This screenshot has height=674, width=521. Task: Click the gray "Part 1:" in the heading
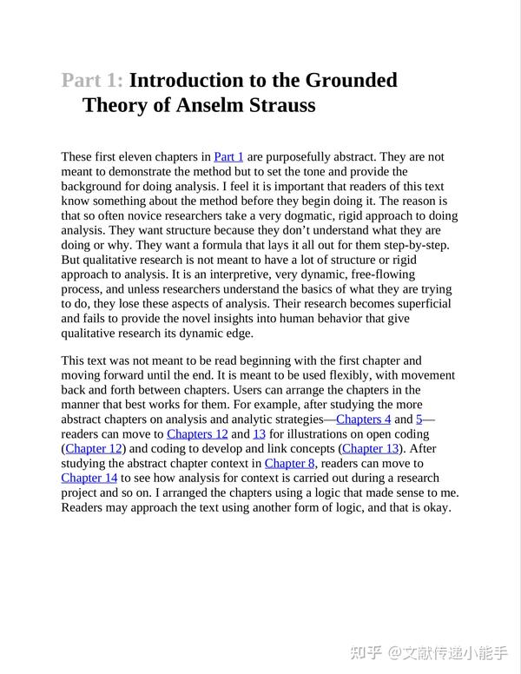click(92, 81)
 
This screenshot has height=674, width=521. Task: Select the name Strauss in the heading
click(279, 106)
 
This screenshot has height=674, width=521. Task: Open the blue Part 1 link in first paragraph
click(228, 157)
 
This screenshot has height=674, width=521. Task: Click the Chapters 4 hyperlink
click(363, 419)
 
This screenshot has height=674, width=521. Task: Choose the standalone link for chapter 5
click(419, 419)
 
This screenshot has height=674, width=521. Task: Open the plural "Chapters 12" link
click(197, 433)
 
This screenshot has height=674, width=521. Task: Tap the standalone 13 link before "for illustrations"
click(259, 433)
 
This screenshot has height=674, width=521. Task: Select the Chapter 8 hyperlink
click(290, 463)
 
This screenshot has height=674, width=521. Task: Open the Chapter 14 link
click(89, 478)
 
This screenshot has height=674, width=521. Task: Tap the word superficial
click(421, 305)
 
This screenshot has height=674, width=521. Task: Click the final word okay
click(436, 507)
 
